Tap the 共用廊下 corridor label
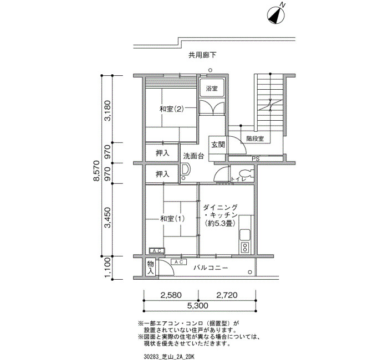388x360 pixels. [202, 55]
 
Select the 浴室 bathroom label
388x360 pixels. [212, 89]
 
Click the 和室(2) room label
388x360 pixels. [171, 109]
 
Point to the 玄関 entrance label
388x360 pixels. [218, 145]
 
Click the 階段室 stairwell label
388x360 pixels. [255, 138]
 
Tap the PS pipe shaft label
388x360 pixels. [256, 159]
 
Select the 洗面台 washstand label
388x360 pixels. [193, 156]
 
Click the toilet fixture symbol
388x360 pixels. [246, 173]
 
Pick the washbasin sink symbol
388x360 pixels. [185, 169]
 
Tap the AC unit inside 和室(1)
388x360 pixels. [157, 251]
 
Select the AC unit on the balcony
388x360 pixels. [178, 262]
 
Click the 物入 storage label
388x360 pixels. [150, 268]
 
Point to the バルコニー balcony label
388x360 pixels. [211, 268]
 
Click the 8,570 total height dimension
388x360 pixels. [96, 171]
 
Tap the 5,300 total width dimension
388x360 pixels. [197, 306]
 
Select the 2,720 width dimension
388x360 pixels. [227, 295]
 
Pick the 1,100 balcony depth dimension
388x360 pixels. [108, 268]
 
